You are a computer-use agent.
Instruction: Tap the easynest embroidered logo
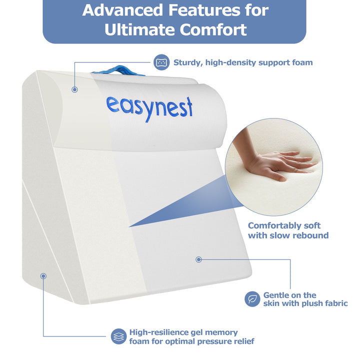coord(149,106)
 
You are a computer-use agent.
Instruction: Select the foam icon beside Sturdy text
coord(161,62)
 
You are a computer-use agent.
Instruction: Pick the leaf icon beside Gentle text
coord(252,299)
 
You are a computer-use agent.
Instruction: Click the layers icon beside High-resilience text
coord(118,336)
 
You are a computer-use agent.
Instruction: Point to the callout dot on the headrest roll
coord(74,89)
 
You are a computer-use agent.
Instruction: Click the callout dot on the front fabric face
coord(198,259)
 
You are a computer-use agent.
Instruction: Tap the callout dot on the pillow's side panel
coord(43,275)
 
